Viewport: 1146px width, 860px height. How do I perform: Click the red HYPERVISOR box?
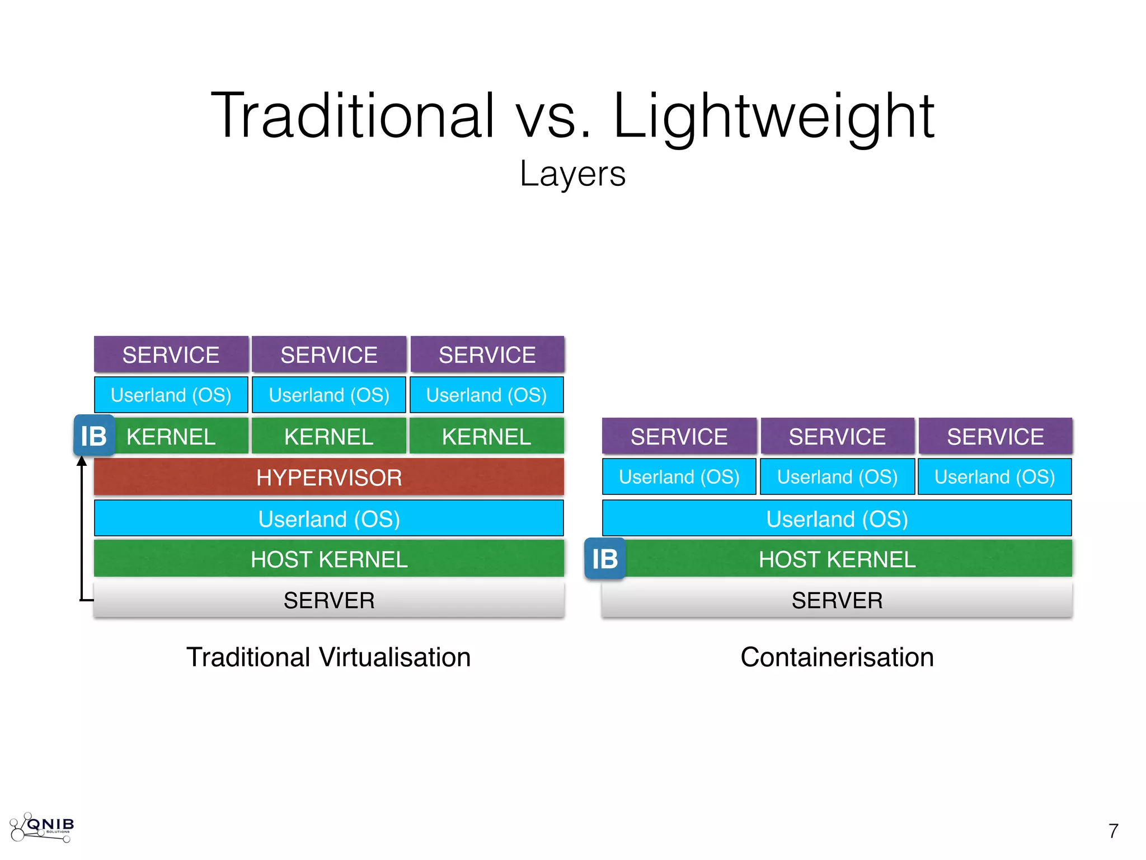(x=329, y=477)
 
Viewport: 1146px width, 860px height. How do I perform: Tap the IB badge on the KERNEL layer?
(x=94, y=436)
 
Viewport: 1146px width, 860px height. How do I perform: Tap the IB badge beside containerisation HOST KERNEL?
(x=605, y=558)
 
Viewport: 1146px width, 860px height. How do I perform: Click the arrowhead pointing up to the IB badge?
(x=82, y=461)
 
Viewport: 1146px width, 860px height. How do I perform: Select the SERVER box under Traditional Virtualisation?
(x=329, y=600)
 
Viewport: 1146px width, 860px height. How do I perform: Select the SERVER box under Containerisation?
(x=837, y=600)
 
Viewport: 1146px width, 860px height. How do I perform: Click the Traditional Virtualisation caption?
(x=328, y=657)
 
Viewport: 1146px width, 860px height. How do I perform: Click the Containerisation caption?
(x=837, y=657)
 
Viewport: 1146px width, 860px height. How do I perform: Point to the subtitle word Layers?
(x=572, y=174)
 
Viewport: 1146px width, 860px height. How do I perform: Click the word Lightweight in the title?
(x=773, y=116)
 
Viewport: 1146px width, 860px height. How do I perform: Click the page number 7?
(x=1113, y=831)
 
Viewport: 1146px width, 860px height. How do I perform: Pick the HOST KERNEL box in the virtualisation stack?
(x=329, y=559)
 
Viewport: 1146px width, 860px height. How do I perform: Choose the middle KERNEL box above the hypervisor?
(x=329, y=436)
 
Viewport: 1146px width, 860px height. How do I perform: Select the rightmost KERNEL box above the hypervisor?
(x=487, y=436)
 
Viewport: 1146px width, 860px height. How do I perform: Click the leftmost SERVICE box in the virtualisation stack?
(x=171, y=354)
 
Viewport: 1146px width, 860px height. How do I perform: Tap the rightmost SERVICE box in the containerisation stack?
(x=995, y=436)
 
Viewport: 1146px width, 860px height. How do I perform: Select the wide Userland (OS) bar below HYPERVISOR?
(x=329, y=518)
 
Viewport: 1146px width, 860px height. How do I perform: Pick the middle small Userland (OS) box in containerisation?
(x=837, y=476)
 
